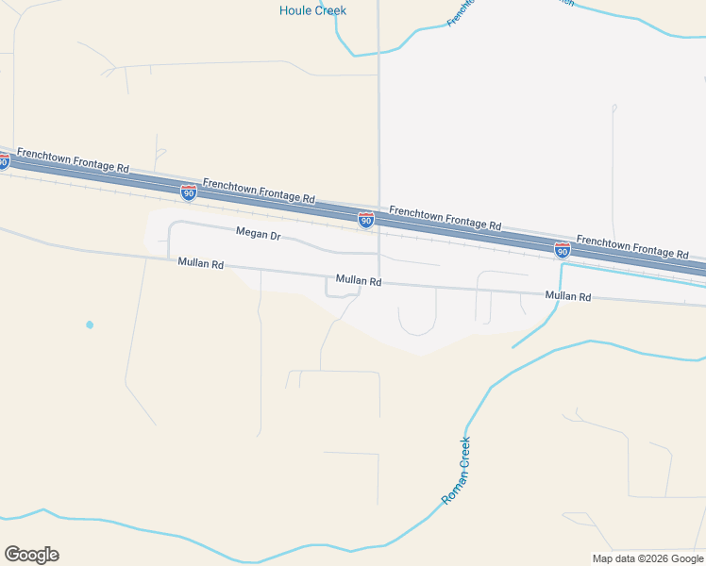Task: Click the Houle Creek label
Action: point(312,10)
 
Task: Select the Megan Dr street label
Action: point(258,233)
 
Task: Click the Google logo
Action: point(31,555)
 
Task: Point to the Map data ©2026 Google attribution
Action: point(647,558)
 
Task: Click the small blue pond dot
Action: point(90,325)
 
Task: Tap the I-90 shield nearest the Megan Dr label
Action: point(189,192)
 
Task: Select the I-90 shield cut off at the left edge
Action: point(4,161)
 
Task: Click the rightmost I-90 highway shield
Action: point(562,250)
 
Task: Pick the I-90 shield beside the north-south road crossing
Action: point(366,220)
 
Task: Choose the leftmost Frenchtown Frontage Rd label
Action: point(73,159)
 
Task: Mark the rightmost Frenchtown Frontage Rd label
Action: point(632,248)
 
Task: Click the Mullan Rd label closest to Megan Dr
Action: point(200,265)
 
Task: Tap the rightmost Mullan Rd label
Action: point(568,296)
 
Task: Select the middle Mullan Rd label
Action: point(359,281)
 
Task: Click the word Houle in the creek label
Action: point(297,10)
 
